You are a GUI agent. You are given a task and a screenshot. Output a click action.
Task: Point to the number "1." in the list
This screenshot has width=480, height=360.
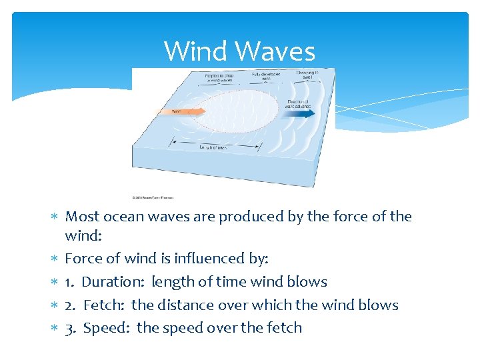point(70,282)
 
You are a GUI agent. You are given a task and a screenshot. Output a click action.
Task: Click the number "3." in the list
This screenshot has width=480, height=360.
point(71,328)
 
